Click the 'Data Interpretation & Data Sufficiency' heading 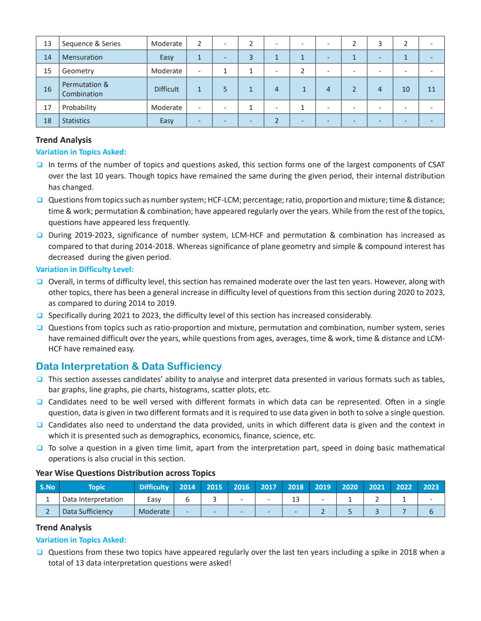point(129,366)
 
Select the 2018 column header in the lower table point(295,487)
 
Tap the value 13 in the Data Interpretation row point(295,499)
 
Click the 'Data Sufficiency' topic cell point(87,512)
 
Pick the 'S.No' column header point(47,487)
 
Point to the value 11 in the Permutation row point(431,89)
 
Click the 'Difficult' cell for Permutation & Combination point(166,89)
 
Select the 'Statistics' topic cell point(76,121)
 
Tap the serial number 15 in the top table point(47,71)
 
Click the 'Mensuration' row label point(82,57)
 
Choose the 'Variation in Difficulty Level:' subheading point(85,270)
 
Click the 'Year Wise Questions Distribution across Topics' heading point(125,473)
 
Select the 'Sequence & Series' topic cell point(91,44)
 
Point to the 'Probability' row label point(79,108)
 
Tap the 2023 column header point(431,487)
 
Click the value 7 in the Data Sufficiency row point(404,512)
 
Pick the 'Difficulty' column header point(154,487)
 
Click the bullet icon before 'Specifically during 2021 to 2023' point(40,316)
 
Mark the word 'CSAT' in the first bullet point(436,165)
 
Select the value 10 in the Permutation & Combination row point(405,89)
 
